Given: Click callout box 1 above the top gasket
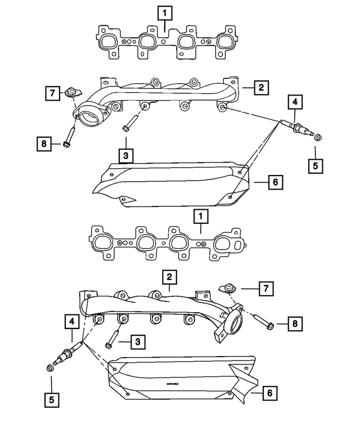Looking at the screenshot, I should click(164, 11).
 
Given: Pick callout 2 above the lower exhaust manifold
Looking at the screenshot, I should click(168, 276).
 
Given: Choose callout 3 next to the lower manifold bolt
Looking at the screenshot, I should click(137, 341).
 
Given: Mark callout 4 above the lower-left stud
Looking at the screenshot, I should click(71, 322).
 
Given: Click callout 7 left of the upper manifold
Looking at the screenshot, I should click(52, 92).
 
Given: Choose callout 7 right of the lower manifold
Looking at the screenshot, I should click(264, 289).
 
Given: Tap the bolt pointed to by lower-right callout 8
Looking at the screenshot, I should click(262, 323).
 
